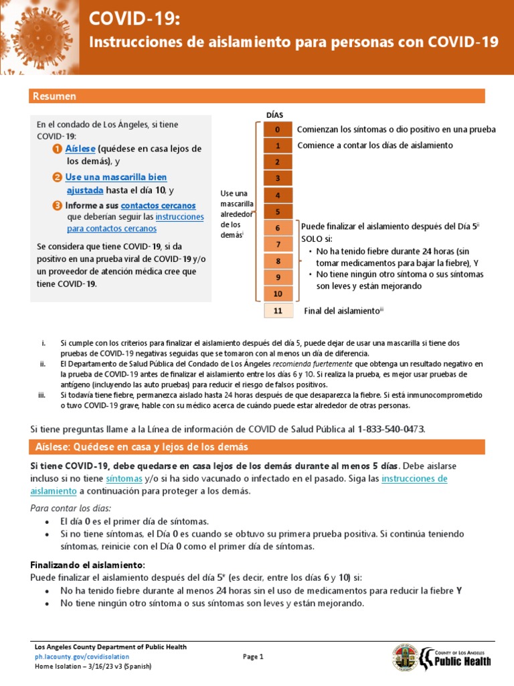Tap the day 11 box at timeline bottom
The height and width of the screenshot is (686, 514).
[x=278, y=311]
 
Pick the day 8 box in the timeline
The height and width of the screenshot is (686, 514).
[x=278, y=261]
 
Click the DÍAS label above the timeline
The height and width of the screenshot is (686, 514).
[x=274, y=115]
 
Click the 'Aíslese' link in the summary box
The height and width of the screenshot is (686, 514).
[x=81, y=149]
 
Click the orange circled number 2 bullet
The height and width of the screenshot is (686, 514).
[x=58, y=178]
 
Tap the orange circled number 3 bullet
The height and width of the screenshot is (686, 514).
[x=58, y=205]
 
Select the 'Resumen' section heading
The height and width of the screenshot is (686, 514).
[x=54, y=96]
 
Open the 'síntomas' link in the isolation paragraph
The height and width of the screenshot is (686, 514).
[x=124, y=478]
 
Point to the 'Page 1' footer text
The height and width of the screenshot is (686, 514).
[x=253, y=657]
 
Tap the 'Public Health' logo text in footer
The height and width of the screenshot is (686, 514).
[x=462, y=661]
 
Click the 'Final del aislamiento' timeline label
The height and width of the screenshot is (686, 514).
[x=341, y=311]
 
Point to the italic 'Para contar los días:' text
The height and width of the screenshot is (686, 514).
[x=71, y=508]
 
